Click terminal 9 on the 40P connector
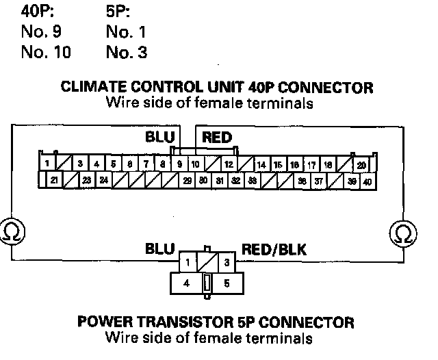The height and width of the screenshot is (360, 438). click(179, 164)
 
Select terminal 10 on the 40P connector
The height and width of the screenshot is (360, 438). click(195, 164)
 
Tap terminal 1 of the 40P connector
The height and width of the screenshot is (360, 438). click(46, 164)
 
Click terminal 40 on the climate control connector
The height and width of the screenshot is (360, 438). click(368, 181)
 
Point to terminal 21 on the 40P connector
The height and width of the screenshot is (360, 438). click(54, 181)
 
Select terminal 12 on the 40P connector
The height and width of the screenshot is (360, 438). click(228, 164)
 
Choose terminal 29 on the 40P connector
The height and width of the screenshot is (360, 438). click(187, 181)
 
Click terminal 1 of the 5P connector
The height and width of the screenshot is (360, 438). click(188, 262)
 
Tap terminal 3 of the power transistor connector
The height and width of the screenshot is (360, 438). click(226, 262)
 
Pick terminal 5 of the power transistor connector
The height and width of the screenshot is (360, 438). click(227, 282)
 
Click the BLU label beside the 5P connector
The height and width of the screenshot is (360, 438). click(159, 249)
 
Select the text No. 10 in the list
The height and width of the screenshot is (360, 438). click(46, 52)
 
